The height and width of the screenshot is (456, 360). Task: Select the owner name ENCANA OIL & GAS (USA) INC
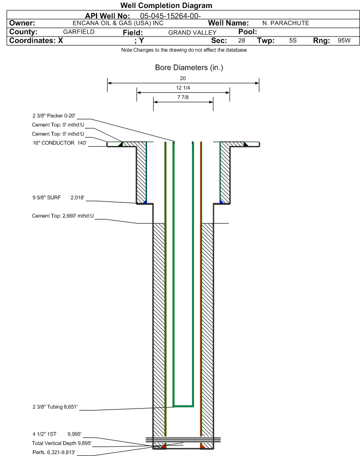pos(111,23)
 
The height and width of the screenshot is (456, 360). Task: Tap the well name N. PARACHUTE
pos(286,23)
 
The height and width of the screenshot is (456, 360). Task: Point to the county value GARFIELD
pos(79,32)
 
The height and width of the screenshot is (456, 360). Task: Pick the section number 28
pos(241,41)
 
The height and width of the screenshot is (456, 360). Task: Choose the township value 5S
pos(293,41)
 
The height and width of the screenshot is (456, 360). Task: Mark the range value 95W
pos(344,41)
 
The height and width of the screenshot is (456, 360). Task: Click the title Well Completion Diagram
pos(166,6)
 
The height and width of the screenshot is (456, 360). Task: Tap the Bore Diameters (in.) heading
pos(189,67)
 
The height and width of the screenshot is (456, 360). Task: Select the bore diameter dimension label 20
pos(183,78)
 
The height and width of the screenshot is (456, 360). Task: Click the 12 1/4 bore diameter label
pos(183,88)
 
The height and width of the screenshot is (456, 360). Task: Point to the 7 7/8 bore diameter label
pos(183,98)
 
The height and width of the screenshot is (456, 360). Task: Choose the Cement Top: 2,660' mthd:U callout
pos(63,216)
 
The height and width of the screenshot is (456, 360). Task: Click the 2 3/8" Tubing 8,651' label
pos(55,406)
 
